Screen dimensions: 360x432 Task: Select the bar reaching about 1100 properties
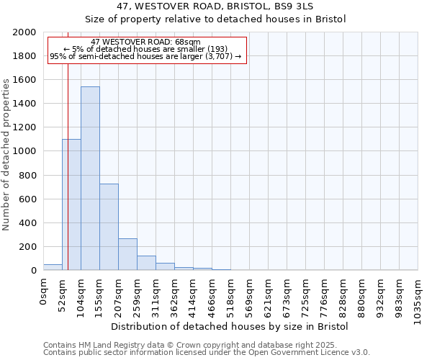pyautogui.click(x=71, y=204)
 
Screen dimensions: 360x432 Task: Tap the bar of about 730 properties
pyautogui.click(x=109, y=227)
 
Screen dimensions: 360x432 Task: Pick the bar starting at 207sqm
pyautogui.click(x=127, y=254)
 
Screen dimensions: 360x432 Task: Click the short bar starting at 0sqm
pyautogui.click(x=53, y=267)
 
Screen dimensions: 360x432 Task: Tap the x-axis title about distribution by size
pyautogui.click(x=230, y=326)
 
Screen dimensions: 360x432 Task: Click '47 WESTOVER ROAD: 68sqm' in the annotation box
pyautogui.click(x=147, y=42)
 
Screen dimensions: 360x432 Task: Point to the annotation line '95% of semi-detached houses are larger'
pyautogui.click(x=147, y=56)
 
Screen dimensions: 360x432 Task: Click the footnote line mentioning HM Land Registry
pyautogui.click(x=206, y=345)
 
